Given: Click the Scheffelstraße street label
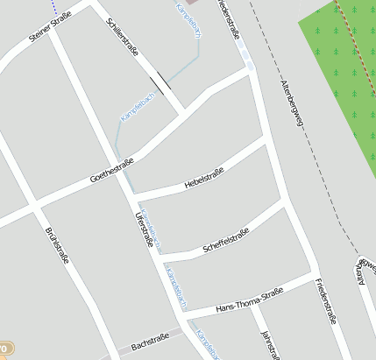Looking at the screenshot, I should coord(226,237).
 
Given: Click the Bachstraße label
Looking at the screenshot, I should coord(149,340).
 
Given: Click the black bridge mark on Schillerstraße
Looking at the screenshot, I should coord(160,83).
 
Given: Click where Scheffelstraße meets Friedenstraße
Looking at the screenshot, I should coord(286,202).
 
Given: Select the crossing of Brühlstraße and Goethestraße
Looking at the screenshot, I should coord(35,207).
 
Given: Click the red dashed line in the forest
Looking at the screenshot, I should coord(349,35).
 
